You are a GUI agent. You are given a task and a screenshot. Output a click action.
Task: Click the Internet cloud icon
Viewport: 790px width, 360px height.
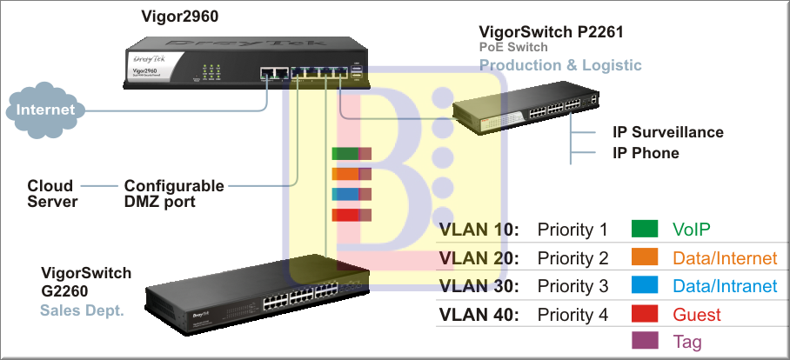pos(46,110)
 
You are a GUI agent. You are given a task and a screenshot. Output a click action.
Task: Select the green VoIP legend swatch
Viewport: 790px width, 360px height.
pos(645,230)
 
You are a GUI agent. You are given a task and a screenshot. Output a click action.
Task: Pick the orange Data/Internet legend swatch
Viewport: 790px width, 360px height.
pos(645,258)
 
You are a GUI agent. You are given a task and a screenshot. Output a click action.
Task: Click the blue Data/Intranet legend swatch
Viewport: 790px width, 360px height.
pos(645,286)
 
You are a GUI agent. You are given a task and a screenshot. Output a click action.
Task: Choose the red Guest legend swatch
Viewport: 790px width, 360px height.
pos(645,314)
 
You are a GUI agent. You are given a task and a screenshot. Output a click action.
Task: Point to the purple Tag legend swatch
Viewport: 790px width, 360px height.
pos(645,342)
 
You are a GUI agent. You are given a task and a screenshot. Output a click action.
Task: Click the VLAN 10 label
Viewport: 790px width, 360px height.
pos(479,230)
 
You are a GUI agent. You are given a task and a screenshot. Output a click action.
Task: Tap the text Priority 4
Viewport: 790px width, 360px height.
pos(572,315)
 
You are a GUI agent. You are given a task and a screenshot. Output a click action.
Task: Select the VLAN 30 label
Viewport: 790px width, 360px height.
pos(479,286)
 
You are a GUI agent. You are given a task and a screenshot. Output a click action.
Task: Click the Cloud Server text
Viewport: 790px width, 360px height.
pos(52,194)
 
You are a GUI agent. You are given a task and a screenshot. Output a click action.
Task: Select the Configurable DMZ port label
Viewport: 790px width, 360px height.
pos(174,194)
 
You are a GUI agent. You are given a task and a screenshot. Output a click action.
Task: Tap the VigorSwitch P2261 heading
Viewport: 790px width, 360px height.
pos(552,32)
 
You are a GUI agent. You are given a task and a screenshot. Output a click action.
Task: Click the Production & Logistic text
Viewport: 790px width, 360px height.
pos(561,65)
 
